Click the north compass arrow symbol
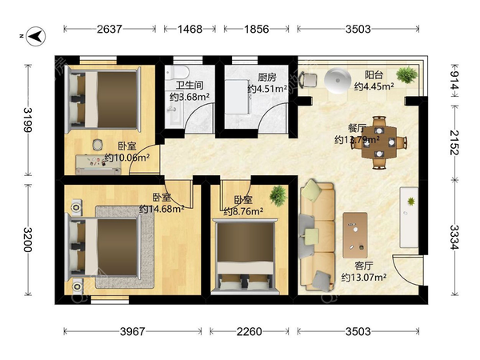click(x=36, y=37)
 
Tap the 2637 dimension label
click(x=110, y=29)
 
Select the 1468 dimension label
click(x=190, y=29)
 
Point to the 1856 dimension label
click(x=256, y=29)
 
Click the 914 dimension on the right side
click(x=454, y=80)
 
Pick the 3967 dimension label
click(x=132, y=331)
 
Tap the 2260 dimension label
click(x=249, y=331)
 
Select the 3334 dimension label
click(x=454, y=238)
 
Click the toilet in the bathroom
click(x=177, y=72)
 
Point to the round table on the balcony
click(x=338, y=80)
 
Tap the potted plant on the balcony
click(x=406, y=74)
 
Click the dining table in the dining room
click(x=379, y=142)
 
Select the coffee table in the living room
click(x=355, y=235)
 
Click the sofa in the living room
click(x=317, y=235)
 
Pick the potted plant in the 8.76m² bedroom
click(x=278, y=196)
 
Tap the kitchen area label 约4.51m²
click(x=267, y=89)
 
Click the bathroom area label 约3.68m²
click(x=190, y=97)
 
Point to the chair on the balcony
click(x=308, y=80)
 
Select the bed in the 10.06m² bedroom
click(x=103, y=100)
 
